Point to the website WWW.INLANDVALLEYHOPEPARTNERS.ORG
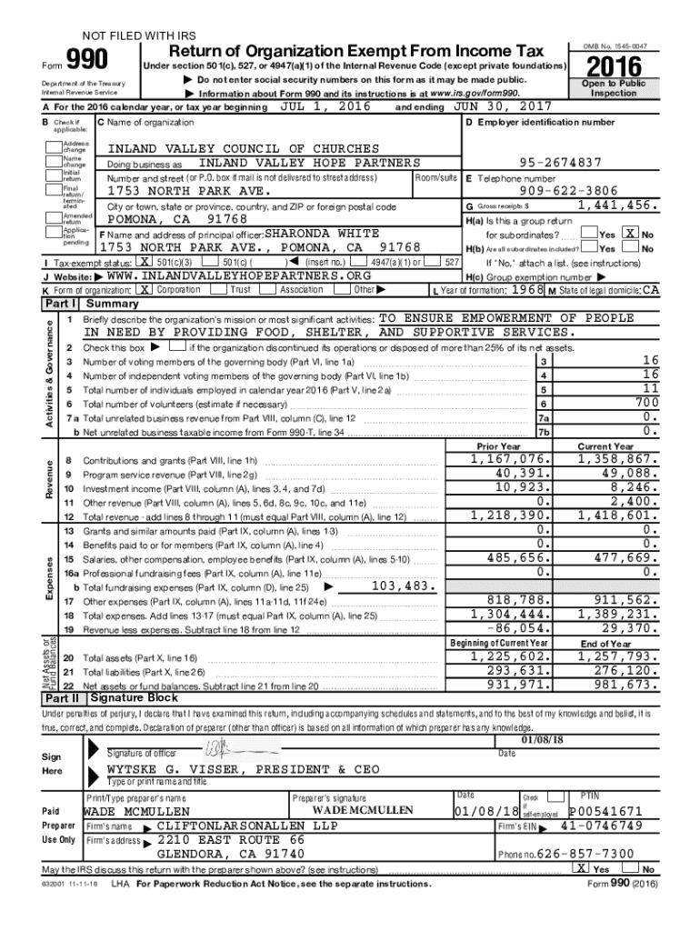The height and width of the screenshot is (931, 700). pyautogui.click(x=239, y=275)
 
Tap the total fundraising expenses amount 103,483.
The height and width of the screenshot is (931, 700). pyautogui.click(x=405, y=586)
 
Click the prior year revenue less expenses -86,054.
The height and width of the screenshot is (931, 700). pyautogui.click(x=517, y=628)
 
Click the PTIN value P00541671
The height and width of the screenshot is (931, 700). pyautogui.click(x=606, y=811)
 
